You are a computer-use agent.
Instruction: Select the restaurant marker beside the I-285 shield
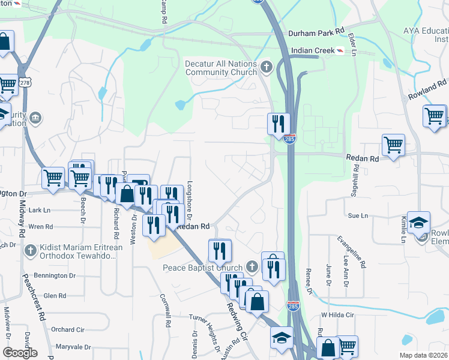pyautogui.click(x=279, y=123)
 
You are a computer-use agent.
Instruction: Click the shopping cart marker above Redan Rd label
pyautogui.click(x=393, y=144)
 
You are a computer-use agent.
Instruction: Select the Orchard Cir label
pyautogui.click(x=67, y=329)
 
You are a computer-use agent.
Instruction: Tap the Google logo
pyautogui.click(x=20, y=353)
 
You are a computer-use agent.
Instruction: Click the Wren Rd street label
pyautogui.click(x=41, y=227)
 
